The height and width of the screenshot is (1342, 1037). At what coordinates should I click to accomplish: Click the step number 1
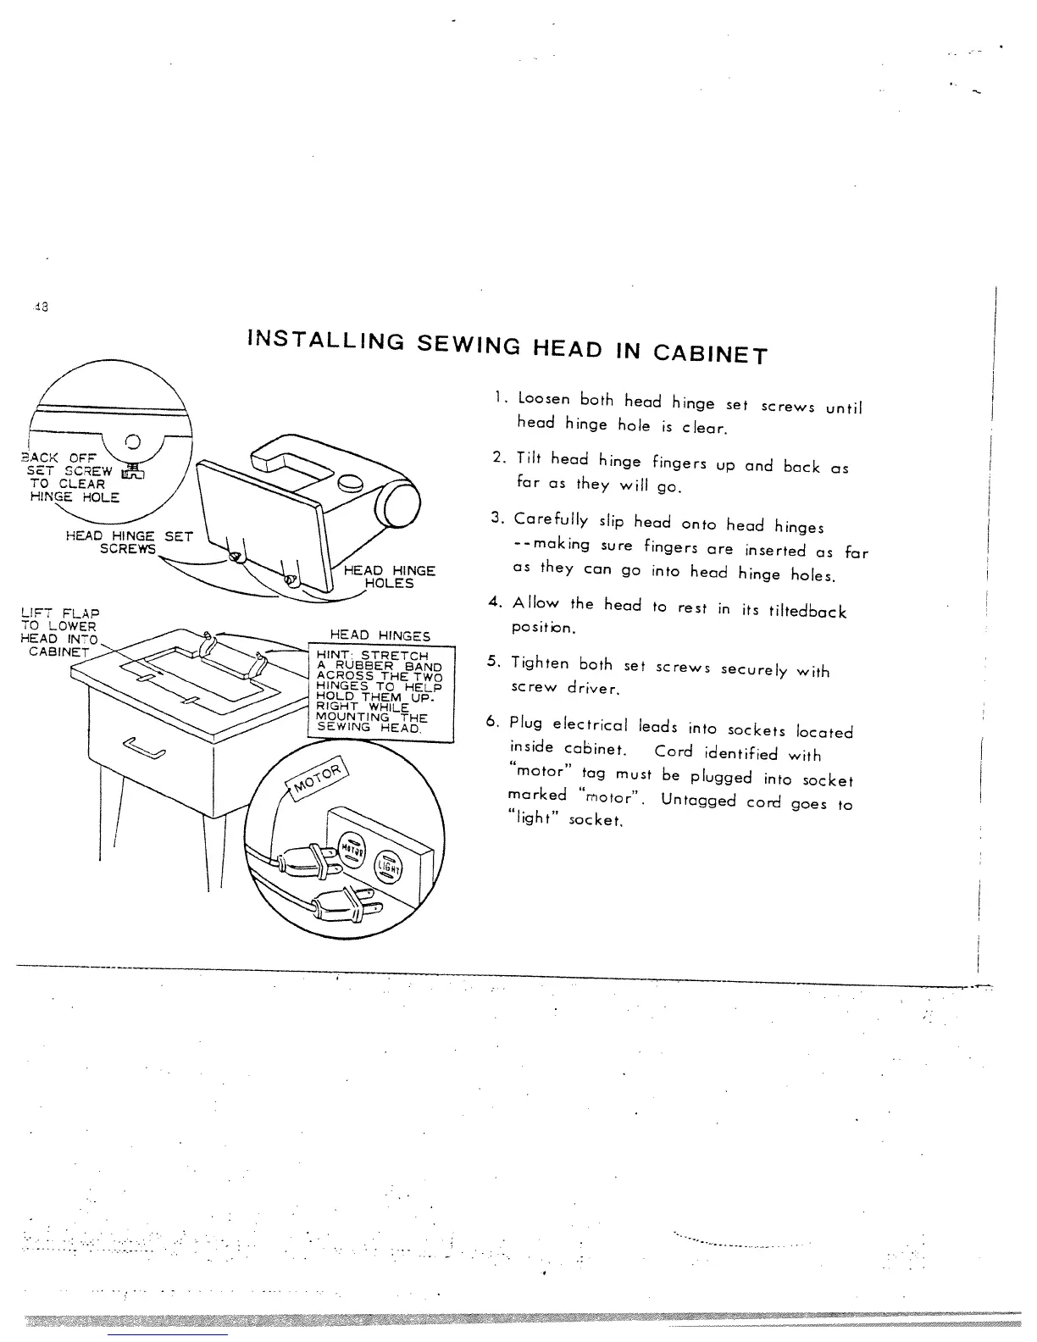click(x=500, y=397)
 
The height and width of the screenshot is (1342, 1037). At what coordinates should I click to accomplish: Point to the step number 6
click(x=491, y=722)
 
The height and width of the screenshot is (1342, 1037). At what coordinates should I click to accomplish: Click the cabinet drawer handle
click(x=145, y=747)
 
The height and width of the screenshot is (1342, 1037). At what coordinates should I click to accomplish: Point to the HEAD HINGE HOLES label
click(x=389, y=577)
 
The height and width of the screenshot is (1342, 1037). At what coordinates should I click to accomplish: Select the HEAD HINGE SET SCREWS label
click(x=130, y=542)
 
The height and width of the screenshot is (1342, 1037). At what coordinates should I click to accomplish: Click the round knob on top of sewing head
click(x=350, y=485)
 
